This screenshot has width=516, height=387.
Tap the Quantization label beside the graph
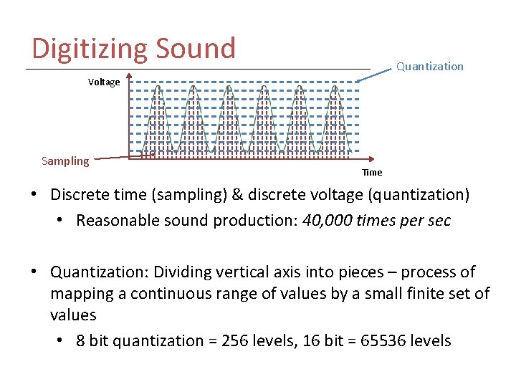(x=430, y=67)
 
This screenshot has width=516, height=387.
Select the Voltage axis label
(x=104, y=82)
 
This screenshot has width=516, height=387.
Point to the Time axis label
(x=372, y=172)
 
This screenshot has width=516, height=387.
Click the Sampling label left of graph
(x=65, y=161)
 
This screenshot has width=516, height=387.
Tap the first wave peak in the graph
(x=158, y=88)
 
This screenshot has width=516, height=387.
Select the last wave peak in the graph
(x=335, y=88)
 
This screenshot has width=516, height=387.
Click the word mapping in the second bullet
(x=78, y=294)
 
